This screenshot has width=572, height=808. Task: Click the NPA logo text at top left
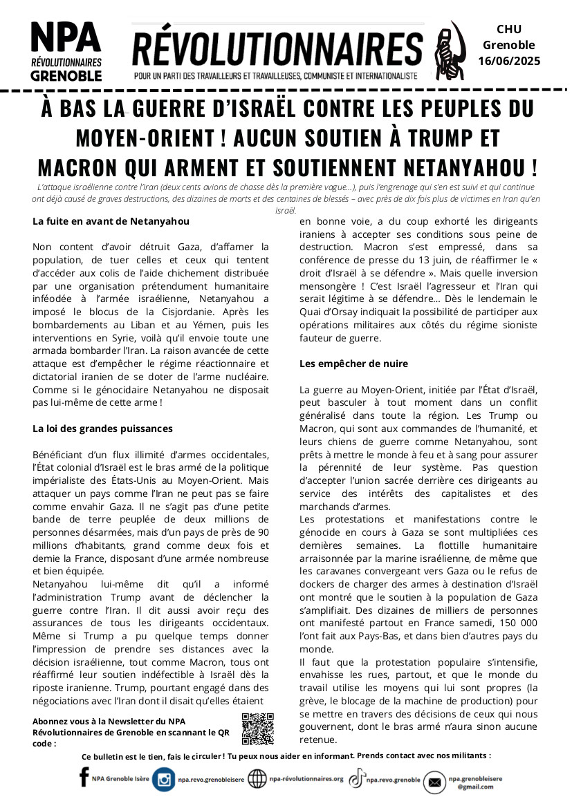(66, 37)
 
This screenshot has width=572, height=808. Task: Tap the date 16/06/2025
(509, 61)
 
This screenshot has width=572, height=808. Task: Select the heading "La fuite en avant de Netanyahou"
(111, 222)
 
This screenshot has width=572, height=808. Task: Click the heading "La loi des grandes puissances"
(102, 429)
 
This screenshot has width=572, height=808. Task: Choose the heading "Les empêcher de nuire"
(353, 364)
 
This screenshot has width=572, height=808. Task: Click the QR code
(258, 729)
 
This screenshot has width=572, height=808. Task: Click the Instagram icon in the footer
(164, 780)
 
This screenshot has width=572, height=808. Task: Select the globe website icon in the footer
(257, 779)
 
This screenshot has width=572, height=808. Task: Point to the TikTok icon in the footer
(356, 779)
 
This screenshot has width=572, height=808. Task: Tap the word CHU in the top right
(509, 29)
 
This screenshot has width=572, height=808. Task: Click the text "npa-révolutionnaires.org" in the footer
(305, 779)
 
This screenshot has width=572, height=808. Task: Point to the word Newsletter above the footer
(131, 722)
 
